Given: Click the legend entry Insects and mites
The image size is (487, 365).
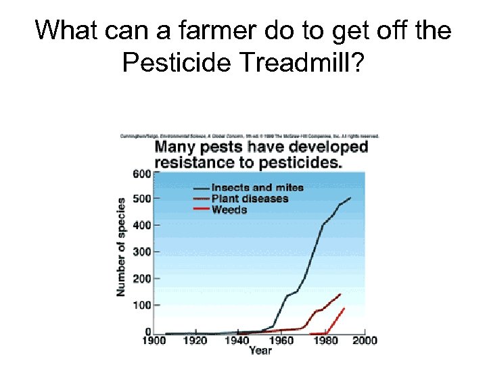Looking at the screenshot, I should click(x=257, y=187).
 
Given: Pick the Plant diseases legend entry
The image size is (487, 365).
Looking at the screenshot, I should click(x=250, y=198).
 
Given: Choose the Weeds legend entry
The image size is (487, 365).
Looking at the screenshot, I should click(x=229, y=210).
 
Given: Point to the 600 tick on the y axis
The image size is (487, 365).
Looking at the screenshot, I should click(x=141, y=173).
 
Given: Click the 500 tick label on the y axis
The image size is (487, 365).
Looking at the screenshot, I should click(x=141, y=199).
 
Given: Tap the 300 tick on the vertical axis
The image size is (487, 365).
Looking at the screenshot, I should click(x=141, y=251).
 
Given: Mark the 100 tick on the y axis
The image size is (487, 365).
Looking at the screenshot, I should click(x=141, y=305).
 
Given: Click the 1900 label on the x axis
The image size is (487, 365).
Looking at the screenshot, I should click(x=153, y=341).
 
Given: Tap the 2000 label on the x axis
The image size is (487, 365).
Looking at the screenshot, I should click(x=365, y=341).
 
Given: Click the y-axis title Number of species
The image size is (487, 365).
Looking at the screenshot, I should click(x=121, y=247).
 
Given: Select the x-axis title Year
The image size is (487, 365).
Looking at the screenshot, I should click(x=260, y=351).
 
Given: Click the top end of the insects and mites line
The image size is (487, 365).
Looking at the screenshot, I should click(x=350, y=198).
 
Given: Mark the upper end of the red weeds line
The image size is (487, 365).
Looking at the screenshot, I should click(x=344, y=308).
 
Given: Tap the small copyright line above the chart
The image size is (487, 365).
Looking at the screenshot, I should click(x=250, y=136).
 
